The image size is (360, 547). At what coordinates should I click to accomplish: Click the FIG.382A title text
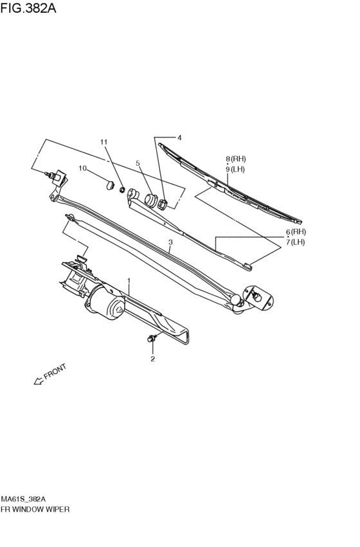point(28,8)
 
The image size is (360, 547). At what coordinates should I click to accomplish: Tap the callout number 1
point(129,281)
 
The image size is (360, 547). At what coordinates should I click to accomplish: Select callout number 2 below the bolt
point(152,359)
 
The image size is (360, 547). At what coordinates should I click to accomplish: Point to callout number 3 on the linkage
point(170,242)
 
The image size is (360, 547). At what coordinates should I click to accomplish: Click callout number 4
point(179,138)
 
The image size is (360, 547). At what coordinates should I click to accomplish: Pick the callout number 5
point(138,163)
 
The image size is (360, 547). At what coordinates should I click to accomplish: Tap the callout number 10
point(82,168)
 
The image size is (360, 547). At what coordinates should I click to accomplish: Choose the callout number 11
point(104,142)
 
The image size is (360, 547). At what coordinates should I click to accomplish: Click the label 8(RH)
point(235,159)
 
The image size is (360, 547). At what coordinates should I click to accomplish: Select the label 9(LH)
point(235,170)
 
